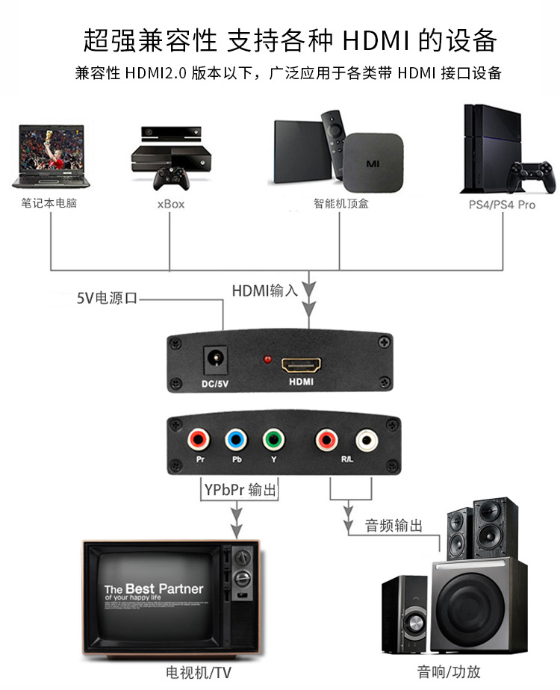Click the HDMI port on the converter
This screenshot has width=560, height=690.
click(x=302, y=365)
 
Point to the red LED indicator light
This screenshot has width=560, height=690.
click(x=267, y=359)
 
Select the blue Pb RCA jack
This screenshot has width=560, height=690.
click(x=236, y=439)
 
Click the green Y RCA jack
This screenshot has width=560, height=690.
click(x=273, y=439)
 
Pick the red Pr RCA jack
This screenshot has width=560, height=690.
click(x=199, y=439)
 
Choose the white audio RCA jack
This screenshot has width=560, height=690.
click(x=367, y=440)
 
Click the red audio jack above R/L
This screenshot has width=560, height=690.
click(x=326, y=440)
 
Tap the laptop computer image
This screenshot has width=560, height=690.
click(x=52, y=157)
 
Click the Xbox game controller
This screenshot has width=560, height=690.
click(x=171, y=178)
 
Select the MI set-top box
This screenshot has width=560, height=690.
click(x=373, y=163)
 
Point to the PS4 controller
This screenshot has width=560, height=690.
click(x=532, y=177)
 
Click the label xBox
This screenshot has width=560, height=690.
click(x=171, y=204)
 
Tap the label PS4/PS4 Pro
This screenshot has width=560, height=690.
click(x=502, y=205)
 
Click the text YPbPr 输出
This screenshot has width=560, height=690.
click(x=240, y=489)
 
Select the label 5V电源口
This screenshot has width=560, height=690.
click(x=107, y=298)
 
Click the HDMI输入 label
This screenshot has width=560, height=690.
click(x=265, y=290)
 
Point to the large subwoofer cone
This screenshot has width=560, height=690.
click(x=470, y=609)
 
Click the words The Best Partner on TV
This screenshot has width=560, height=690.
click(x=154, y=588)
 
